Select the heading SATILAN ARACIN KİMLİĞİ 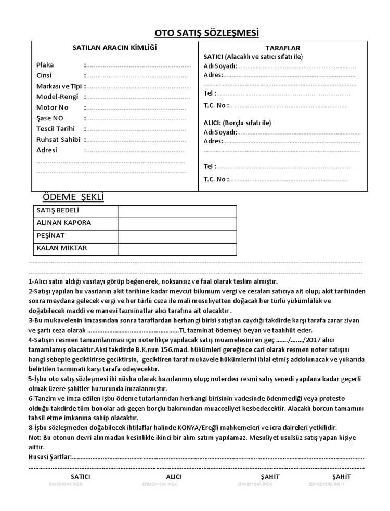(x=114, y=48)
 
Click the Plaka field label (x=45, y=65)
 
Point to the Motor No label (x=53, y=107)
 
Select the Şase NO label (x=50, y=118)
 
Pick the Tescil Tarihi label (x=56, y=129)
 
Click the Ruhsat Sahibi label (x=58, y=139)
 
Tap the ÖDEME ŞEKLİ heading (x=73, y=197)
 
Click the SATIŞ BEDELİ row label (x=58, y=210)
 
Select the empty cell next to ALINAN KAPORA (x=177, y=223)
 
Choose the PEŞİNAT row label (x=50, y=236)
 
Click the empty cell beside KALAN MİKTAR (x=177, y=249)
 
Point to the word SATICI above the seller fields (x=214, y=56)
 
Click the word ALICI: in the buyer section (x=212, y=123)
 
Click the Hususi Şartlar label (x=48, y=457)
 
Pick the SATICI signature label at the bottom (x=80, y=476)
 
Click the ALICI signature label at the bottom (x=174, y=476)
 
